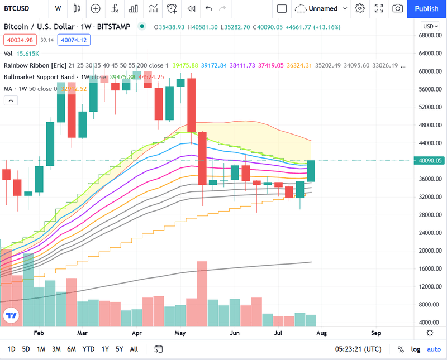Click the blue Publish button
point(426,8)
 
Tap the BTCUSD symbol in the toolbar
point(18,8)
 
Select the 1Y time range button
point(104,349)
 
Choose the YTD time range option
point(88,349)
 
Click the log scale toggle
point(415,349)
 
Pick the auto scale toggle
point(434,349)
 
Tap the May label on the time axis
point(179,333)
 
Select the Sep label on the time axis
point(375,333)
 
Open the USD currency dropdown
point(430,26)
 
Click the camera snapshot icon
point(397,8)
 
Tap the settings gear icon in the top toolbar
point(360,8)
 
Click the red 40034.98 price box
point(20,40)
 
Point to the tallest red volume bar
point(202,293)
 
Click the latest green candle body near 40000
point(311,171)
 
